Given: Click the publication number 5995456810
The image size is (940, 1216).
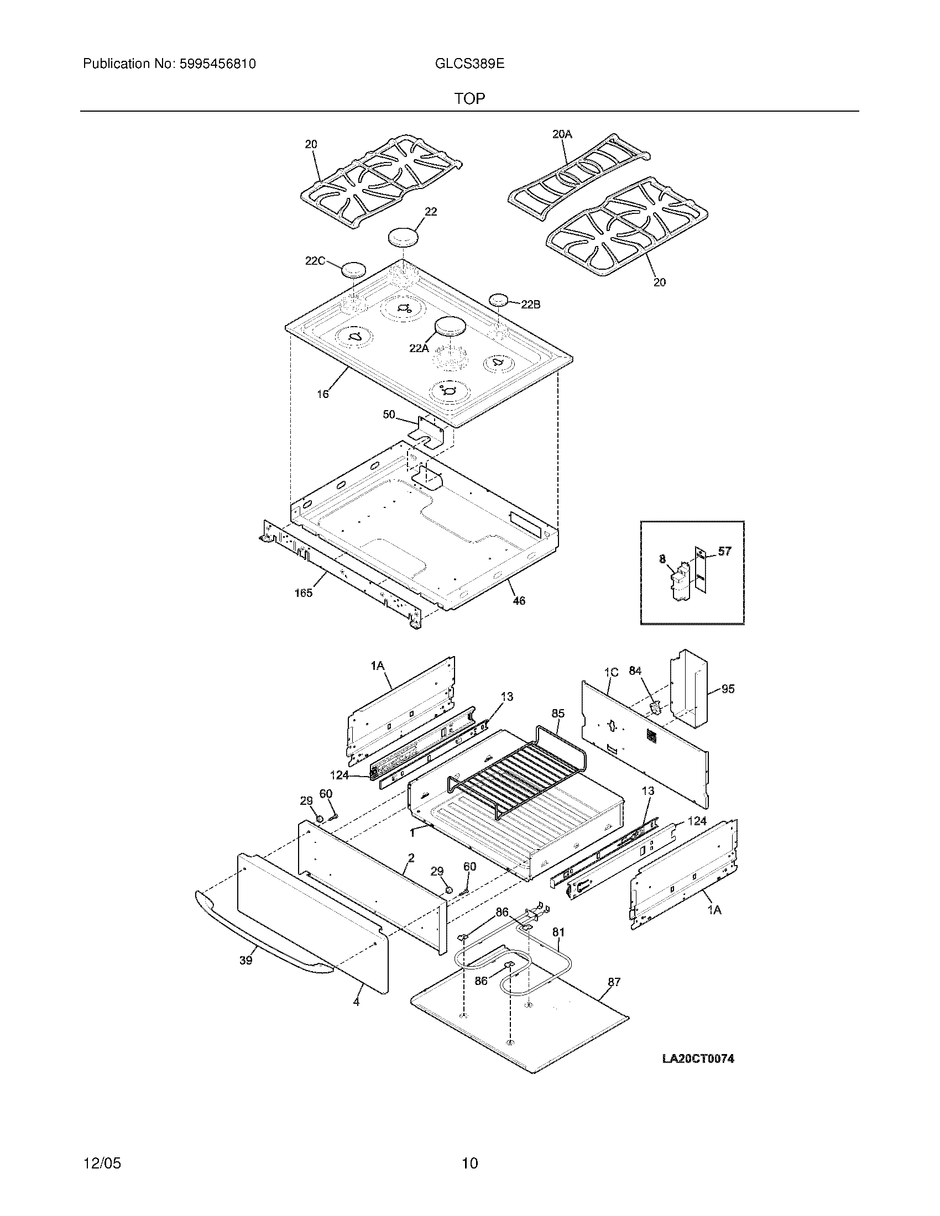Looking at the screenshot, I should click(x=217, y=64).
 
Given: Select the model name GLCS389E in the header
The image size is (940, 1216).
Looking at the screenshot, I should click(x=469, y=64).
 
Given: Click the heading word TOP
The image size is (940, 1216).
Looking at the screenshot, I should click(x=469, y=99).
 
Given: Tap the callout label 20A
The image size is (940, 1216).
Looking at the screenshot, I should click(x=562, y=134).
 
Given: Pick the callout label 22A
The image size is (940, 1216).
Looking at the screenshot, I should click(x=419, y=348).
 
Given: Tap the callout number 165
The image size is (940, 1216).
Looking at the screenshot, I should click(x=304, y=593).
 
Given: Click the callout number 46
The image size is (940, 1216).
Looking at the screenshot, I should click(x=519, y=601).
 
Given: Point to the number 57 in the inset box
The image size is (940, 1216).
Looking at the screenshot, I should click(x=724, y=551).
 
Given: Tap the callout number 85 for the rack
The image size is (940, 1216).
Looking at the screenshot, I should click(x=558, y=713).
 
